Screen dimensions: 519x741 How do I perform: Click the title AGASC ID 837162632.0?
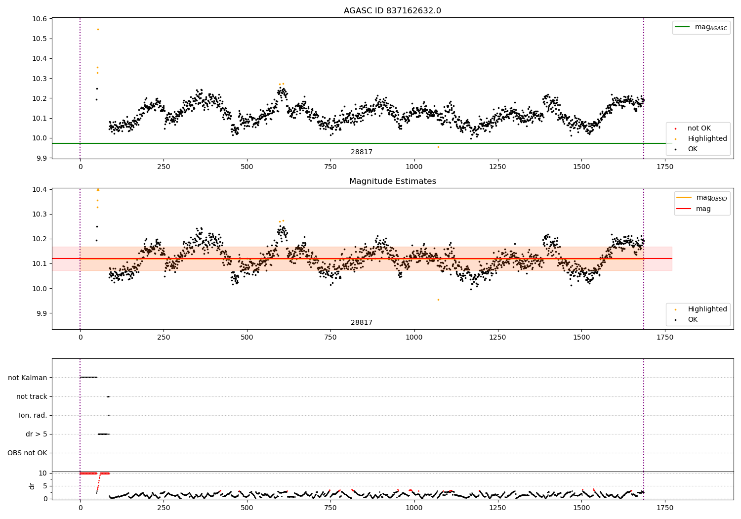[x=392, y=11]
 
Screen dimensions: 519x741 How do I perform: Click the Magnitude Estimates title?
[x=392, y=181]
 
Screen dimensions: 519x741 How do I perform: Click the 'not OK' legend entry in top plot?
[x=699, y=129]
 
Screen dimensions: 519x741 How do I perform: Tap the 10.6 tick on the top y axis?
[x=40, y=19]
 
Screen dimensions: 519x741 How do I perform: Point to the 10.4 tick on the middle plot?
[x=40, y=190]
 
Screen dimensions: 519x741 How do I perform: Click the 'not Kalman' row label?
[x=28, y=378]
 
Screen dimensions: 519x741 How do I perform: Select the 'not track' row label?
[x=32, y=396]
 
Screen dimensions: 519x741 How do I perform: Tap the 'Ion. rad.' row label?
[x=33, y=415]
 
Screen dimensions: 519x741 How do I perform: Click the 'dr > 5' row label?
[x=37, y=434]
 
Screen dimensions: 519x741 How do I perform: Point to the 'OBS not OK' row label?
[x=27, y=453]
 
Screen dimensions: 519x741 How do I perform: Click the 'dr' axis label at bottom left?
[x=32, y=486]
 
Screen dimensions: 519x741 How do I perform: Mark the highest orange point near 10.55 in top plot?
[x=98, y=29]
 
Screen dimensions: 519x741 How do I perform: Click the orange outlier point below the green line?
[x=438, y=147]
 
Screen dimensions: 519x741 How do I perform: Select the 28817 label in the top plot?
[x=362, y=152]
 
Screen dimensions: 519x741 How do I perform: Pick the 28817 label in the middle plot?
[x=362, y=323]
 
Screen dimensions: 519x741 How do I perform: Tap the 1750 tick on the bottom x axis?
[x=665, y=508]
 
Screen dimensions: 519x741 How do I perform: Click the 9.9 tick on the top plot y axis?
[x=41, y=158]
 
